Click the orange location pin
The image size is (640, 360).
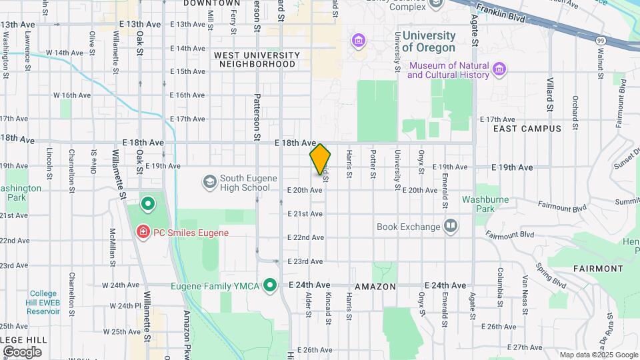[320, 159]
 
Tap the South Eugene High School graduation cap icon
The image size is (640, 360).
[210, 181]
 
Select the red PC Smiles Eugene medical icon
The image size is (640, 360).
[142, 232]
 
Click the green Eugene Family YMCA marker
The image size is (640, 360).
[270, 286]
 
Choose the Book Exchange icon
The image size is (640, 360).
[451, 226]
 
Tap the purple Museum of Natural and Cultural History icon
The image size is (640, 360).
[499, 69]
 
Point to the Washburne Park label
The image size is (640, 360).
[485, 204]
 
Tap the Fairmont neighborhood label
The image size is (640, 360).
[597, 269]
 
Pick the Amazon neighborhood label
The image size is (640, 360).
[375, 286]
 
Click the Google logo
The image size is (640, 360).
[22, 351]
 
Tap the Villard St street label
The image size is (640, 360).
[550, 98]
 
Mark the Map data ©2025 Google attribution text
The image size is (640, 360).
[598, 355]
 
